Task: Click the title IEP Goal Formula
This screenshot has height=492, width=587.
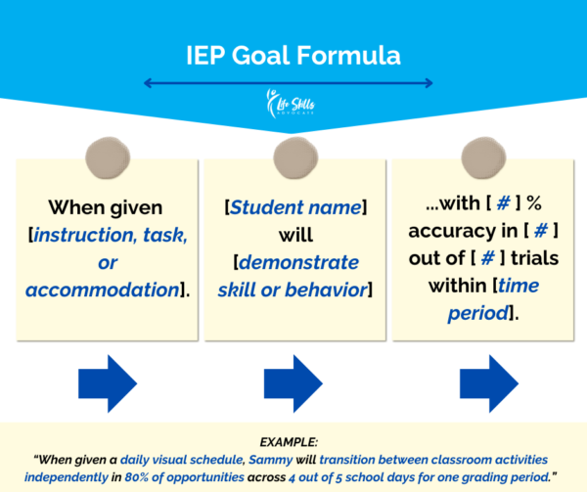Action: pyautogui.click(x=293, y=56)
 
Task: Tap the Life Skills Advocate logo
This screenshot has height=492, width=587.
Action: pyautogui.click(x=291, y=104)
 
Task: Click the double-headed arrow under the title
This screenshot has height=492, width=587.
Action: pyautogui.click(x=289, y=83)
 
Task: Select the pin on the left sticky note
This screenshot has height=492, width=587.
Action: pyautogui.click(x=108, y=157)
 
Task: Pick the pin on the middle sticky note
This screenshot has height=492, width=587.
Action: pyautogui.click(x=295, y=157)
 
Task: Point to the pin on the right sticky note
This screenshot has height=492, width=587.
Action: pyautogui.click(x=483, y=157)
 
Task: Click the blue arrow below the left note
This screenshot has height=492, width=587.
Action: pyautogui.click(x=108, y=383)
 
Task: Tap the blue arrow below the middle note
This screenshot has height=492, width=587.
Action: pyautogui.click(x=293, y=383)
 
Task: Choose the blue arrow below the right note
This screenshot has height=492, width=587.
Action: pyautogui.click(x=489, y=383)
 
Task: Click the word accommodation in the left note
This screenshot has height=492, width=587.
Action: pyautogui.click(x=103, y=290)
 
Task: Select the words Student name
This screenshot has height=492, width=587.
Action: pyautogui.click(x=295, y=207)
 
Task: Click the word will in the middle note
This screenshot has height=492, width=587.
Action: pyautogui.click(x=295, y=235)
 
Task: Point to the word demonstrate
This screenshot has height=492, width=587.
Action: pyautogui.click(x=298, y=262)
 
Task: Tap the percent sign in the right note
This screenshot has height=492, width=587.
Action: pyautogui.click(x=534, y=203)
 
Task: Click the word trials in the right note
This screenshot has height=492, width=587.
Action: pyautogui.click(x=535, y=258)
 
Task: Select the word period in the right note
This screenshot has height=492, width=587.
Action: pyautogui.click(x=478, y=314)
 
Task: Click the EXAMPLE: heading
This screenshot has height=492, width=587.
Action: pyautogui.click(x=289, y=442)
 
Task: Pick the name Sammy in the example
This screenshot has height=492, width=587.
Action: pyautogui.click(x=271, y=460)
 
